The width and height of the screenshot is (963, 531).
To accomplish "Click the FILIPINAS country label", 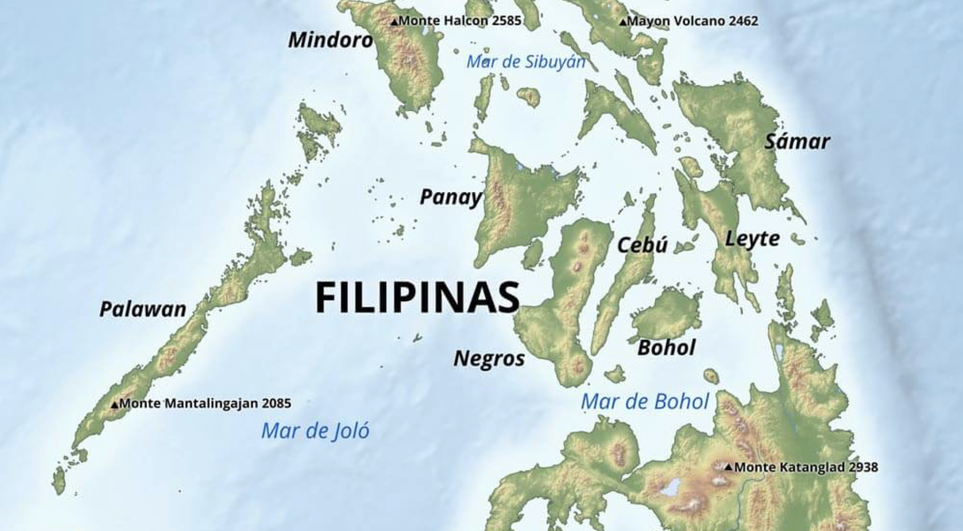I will pyautogui.click(x=418, y=297).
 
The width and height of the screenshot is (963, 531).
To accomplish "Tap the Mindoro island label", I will pyautogui.click(x=331, y=40).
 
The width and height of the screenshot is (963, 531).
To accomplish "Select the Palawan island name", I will pyautogui.click(x=143, y=309).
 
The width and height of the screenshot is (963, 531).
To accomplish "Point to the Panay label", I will pyautogui.click(x=451, y=197).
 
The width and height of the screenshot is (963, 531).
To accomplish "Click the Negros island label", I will pyautogui.click(x=489, y=358).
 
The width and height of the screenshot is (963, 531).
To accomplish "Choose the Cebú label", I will pyautogui.click(x=642, y=245).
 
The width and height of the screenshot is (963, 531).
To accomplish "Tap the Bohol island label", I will pyautogui.click(x=666, y=348).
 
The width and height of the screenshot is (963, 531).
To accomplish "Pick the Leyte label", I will pyautogui.click(x=752, y=239).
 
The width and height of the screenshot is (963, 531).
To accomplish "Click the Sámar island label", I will pyautogui.click(x=797, y=142).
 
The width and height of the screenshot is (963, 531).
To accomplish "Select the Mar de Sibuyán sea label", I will pyautogui.click(x=526, y=62).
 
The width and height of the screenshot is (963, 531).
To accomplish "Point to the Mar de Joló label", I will pyautogui.click(x=315, y=431).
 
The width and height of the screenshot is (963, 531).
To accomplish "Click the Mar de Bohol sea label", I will pyautogui.click(x=644, y=402).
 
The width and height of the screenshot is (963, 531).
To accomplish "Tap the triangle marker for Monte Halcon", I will pyautogui.click(x=394, y=22).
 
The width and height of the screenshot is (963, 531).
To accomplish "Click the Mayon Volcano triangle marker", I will pyautogui.click(x=623, y=22).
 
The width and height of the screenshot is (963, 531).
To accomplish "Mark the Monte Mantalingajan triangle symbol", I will pyautogui.click(x=115, y=405).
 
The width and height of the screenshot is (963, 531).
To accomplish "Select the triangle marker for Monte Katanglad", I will pyautogui.click(x=729, y=467).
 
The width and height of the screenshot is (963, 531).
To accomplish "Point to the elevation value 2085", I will pyautogui.click(x=276, y=404).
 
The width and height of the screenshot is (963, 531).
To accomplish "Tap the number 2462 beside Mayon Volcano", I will pyautogui.click(x=743, y=21).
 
